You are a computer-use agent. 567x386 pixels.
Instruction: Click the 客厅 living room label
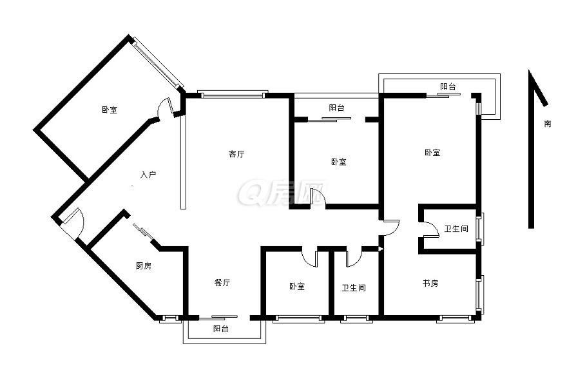[236, 154]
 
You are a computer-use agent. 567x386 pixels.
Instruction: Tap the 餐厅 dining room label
[222, 282]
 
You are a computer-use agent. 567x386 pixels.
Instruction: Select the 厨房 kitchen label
[144, 266]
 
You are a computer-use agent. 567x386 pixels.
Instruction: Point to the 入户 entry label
[148, 175]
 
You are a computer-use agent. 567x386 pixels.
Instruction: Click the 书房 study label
[430, 283]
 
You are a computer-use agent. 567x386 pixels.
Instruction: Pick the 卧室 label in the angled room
[110, 110]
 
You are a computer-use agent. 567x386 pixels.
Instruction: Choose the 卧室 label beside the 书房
[432, 153]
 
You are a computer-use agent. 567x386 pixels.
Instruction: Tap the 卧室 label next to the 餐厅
[297, 287]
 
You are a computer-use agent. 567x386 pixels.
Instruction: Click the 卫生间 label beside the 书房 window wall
[456, 229]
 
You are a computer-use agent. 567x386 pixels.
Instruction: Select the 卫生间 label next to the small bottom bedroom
[354, 288]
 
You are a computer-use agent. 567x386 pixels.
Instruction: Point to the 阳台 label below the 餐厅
[220, 329]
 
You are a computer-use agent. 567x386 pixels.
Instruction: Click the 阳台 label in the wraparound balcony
[448, 86]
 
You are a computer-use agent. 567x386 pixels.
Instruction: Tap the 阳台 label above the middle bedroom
[336, 108]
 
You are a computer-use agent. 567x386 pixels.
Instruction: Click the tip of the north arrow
[530, 70]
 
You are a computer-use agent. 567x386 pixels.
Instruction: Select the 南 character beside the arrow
[548, 123]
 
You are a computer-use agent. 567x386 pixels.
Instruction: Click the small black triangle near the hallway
[380, 249]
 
